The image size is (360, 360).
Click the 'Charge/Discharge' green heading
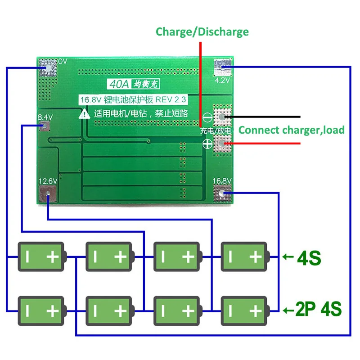point(202,32)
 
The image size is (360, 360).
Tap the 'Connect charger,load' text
point(291,130)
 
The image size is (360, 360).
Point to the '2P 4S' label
point(318,310)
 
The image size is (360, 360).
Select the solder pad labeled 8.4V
point(44,126)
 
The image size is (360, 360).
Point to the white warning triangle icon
point(84,114)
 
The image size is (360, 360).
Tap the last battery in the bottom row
point(246,310)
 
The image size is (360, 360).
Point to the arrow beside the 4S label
point(288,257)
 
